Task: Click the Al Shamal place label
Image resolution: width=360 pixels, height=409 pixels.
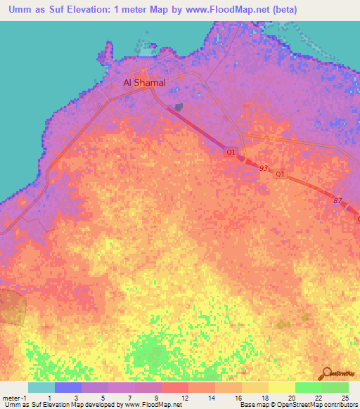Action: (x=144, y=82)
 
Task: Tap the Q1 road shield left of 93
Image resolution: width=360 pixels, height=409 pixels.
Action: (x=231, y=151)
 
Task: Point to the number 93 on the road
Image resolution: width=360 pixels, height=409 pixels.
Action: (x=264, y=168)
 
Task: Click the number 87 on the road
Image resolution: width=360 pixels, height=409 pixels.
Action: (x=337, y=202)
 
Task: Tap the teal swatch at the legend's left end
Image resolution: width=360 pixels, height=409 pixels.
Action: (x=41, y=387)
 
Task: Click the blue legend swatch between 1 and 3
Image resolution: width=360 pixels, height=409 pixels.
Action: (x=67, y=387)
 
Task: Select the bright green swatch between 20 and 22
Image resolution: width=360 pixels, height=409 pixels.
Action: (x=308, y=387)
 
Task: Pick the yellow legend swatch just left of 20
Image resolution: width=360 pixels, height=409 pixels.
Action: (x=281, y=387)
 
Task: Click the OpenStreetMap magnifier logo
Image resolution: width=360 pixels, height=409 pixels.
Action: (x=327, y=373)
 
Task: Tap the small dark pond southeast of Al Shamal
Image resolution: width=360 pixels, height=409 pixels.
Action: (x=178, y=107)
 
